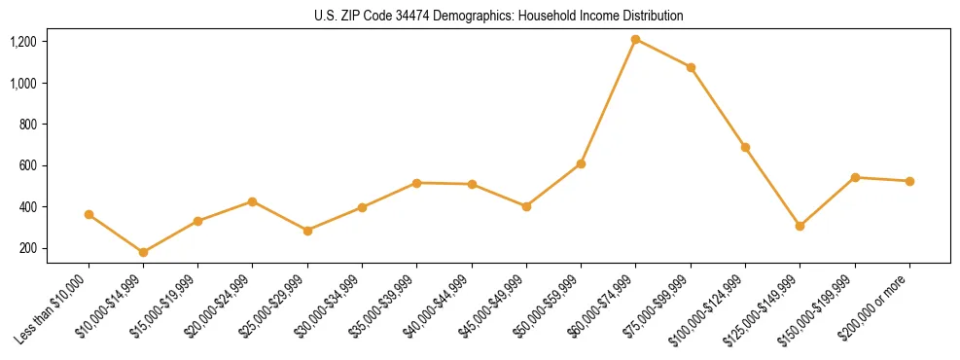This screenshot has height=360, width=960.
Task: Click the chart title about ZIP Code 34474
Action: point(499,16)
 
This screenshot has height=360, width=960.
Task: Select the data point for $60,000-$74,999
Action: point(636,40)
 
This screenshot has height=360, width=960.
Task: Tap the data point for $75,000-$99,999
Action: point(691,67)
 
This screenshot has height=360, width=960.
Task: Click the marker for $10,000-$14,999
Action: point(144,252)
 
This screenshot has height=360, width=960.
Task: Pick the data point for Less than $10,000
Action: point(89,214)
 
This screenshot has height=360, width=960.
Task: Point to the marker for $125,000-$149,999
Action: point(800,226)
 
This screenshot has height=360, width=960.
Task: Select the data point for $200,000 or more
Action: point(909,181)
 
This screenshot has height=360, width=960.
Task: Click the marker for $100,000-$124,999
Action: point(745,147)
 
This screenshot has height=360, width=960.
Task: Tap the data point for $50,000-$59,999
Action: point(581,163)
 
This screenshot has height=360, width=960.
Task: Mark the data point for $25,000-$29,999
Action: point(307,231)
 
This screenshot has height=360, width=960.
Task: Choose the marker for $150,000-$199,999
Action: point(855,177)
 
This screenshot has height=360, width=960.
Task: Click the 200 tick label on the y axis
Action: point(54,248)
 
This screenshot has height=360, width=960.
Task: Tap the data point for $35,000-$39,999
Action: point(417,183)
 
